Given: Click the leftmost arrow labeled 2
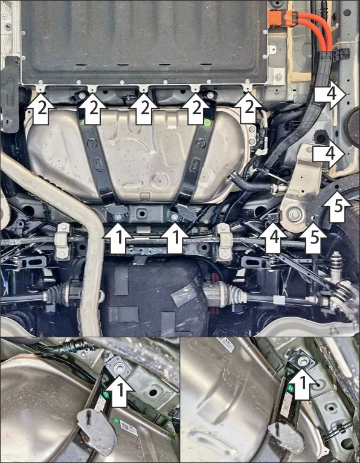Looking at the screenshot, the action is click(41, 108).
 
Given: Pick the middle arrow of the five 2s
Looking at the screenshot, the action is click(144, 108).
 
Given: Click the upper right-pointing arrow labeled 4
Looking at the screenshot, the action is click(330, 94).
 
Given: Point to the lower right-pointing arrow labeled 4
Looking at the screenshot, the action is click(329, 154).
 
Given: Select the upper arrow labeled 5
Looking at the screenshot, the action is click(337, 206).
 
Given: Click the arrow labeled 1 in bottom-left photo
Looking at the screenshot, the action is click(120, 390).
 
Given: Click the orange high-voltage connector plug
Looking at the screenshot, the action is click(282, 18).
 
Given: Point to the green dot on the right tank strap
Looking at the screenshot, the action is click(208, 122).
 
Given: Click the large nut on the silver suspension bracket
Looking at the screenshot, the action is click(294, 215).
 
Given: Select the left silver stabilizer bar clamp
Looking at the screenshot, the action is click(62, 241).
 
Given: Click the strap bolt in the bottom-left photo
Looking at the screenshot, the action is click(119, 368).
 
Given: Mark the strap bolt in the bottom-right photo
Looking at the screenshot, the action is click(303, 360).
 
